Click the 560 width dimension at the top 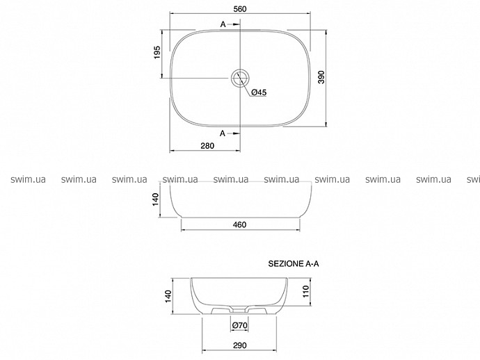pyautogui.click(x=240, y=9)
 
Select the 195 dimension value pyautogui.click(x=157, y=52)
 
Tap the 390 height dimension pyautogui.click(x=321, y=77)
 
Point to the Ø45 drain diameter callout pyautogui.click(x=259, y=92)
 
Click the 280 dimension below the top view pyautogui.click(x=207, y=145)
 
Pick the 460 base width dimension pyautogui.click(x=239, y=224)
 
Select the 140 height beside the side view pyautogui.click(x=156, y=199)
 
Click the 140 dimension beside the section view pyautogui.click(x=168, y=296)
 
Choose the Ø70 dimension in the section pyautogui.click(x=239, y=325)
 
